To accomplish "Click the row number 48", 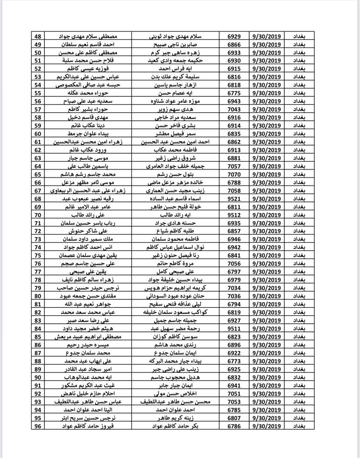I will tap(38, 36).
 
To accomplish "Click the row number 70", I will tap(38, 215).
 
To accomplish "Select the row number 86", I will tap(38, 345).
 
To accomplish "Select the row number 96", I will tap(38, 426).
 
